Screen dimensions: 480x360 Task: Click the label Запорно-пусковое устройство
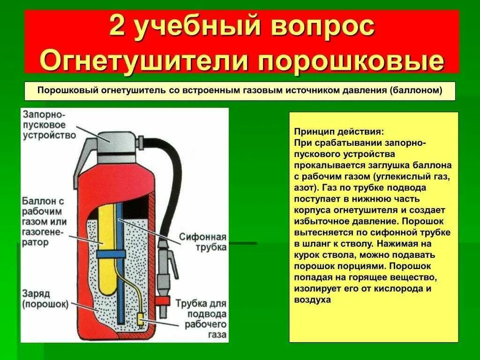point(49,125)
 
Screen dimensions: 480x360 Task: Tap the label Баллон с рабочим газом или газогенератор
point(44,221)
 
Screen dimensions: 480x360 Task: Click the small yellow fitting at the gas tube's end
point(140,321)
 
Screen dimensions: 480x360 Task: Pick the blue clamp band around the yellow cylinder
point(111,254)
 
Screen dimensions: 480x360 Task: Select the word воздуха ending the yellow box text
point(313,300)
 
